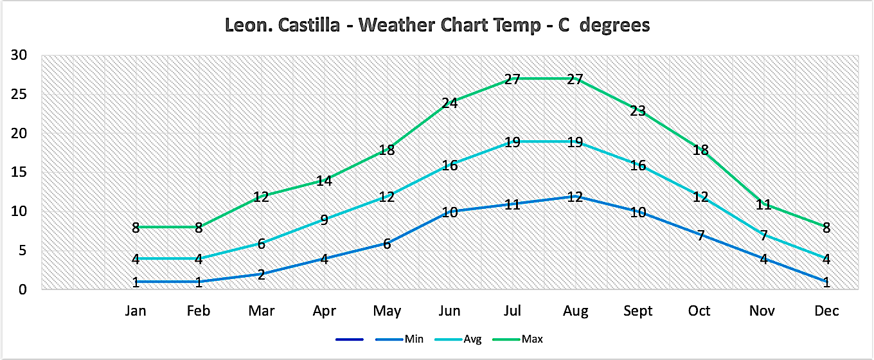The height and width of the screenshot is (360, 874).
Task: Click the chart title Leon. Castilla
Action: coord(437,25)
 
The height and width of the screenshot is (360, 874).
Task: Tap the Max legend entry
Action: coord(531,338)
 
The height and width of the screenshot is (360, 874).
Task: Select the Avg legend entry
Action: coord(472,338)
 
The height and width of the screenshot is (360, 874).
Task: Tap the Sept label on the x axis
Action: coord(638,311)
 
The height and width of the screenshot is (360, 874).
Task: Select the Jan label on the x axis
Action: coord(136,311)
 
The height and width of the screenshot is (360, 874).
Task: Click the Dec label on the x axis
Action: coord(826,311)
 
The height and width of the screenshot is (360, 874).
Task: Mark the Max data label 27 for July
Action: coord(512,80)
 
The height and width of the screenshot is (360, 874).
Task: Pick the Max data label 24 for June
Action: coord(449,103)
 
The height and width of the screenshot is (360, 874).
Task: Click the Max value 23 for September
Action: coord(638,111)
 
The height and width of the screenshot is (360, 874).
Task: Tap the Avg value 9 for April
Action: coord(324,220)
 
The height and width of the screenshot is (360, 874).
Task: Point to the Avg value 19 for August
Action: coord(575,142)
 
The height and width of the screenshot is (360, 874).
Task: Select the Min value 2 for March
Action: coord(261,274)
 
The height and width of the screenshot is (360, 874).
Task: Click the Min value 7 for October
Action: coord(700,236)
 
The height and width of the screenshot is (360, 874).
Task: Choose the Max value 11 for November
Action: coord(763,204)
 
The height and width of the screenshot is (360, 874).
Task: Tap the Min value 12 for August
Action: coord(575,197)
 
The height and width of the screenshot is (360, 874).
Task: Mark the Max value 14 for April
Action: coord(324,181)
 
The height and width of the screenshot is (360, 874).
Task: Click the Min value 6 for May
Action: coord(386,244)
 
